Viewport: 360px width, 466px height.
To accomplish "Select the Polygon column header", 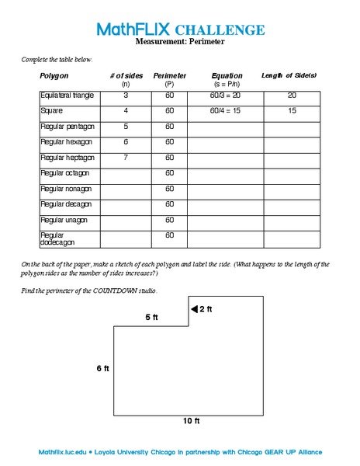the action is pyautogui.click(x=54, y=76).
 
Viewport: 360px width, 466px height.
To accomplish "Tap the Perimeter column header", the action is pyautogui.click(x=169, y=76).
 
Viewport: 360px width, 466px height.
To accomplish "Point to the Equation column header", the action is pyautogui.click(x=227, y=76).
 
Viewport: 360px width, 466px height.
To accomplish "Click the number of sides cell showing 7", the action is pyautogui.click(x=126, y=158).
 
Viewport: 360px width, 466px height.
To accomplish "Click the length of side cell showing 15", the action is pyautogui.click(x=292, y=111).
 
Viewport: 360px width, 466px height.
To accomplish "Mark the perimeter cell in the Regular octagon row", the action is pyautogui.click(x=169, y=173).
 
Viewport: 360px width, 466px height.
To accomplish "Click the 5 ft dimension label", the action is pyautogui.click(x=152, y=317).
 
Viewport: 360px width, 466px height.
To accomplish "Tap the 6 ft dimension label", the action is pyautogui.click(x=102, y=368).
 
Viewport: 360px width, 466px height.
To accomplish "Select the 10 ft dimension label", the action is pyautogui.click(x=191, y=421).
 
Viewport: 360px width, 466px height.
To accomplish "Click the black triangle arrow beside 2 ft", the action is pyautogui.click(x=195, y=309).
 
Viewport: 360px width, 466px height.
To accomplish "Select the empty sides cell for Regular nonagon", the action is pyautogui.click(x=126, y=189).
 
